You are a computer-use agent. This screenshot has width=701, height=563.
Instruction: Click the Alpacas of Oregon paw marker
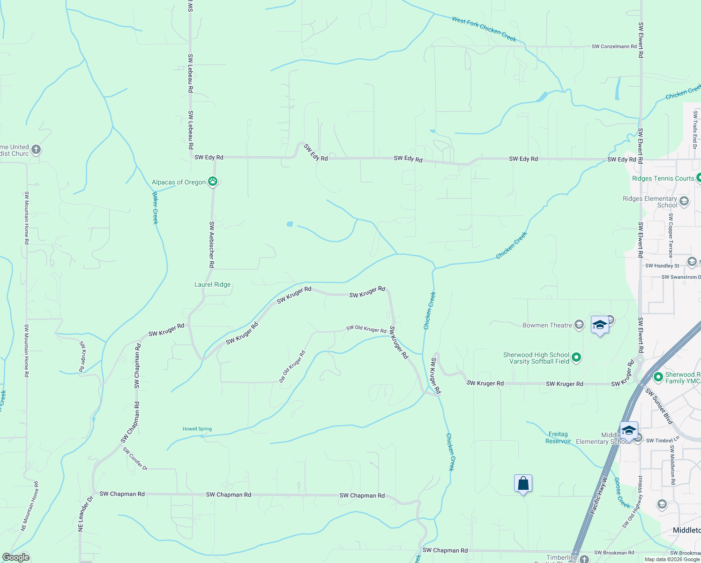pyautogui.click(x=213, y=182)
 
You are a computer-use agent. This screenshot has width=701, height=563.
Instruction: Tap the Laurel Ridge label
pyautogui.click(x=212, y=284)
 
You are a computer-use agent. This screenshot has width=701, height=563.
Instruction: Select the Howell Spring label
pyautogui.click(x=197, y=429)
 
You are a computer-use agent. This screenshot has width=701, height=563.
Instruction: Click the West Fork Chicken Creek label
pyautogui.click(x=484, y=29)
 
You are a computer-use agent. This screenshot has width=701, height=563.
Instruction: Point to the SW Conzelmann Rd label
pyautogui.click(x=614, y=46)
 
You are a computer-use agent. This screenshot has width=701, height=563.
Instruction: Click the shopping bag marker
pyautogui.click(x=523, y=483)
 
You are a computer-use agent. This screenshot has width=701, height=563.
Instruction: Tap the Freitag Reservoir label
pyautogui.click(x=559, y=438)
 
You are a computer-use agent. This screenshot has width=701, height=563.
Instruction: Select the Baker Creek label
pyautogui.click(x=155, y=208)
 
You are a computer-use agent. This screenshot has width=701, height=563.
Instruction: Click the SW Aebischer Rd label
pyautogui.click(x=212, y=244)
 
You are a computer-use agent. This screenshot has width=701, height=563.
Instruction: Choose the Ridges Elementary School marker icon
pyautogui.click(x=684, y=202)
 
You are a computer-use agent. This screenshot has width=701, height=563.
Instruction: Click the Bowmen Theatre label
pyautogui.click(x=547, y=325)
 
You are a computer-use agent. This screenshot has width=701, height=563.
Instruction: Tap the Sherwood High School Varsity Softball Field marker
pyautogui.click(x=576, y=358)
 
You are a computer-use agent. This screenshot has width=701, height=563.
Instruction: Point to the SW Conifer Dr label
pyautogui.click(x=135, y=459)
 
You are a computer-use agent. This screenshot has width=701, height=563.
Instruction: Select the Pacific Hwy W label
pyautogui.click(x=598, y=495)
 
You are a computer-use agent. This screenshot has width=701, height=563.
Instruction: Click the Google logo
pyautogui.click(x=15, y=557)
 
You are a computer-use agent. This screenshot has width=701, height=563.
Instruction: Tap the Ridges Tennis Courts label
pyautogui.click(x=663, y=178)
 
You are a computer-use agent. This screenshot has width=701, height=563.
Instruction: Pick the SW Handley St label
pyautogui.click(x=662, y=266)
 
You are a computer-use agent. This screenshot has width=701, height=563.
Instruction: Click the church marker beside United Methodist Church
pyautogui.click(x=36, y=150)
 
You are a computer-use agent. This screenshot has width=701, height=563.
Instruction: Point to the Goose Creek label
pyautogui.click(x=622, y=493)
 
